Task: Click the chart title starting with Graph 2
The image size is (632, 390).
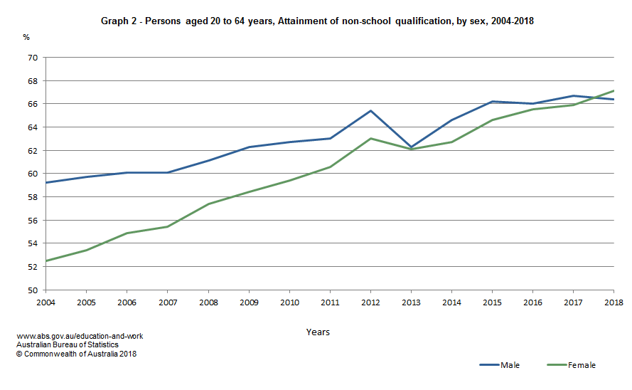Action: pyautogui.click(x=316, y=21)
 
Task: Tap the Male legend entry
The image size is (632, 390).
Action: pyautogui.click(x=499, y=365)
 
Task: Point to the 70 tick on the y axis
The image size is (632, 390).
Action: pyautogui.click(x=32, y=58)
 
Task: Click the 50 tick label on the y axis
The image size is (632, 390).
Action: pyautogui.click(x=32, y=290)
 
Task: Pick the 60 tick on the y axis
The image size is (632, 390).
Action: pyautogui.click(x=32, y=174)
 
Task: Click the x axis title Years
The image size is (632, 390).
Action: pyautogui.click(x=318, y=332)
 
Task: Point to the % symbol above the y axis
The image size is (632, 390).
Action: pyautogui.click(x=26, y=36)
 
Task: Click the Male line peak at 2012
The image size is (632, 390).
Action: pyautogui.click(x=370, y=110)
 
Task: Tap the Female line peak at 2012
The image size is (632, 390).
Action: pyautogui.click(x=370, y=138)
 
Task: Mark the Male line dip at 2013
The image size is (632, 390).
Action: pyautogui.click(x=411, y=147)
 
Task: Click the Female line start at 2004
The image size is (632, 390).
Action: pyautogui.click(x=45, y=261)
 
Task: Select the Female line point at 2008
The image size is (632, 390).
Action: pyautogui.click(x=208, y=204)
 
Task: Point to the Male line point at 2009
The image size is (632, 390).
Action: pyautogui.click(x=249, y=147)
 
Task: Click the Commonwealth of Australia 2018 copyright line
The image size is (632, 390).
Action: pyautogui.click(x=76, y=354)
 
